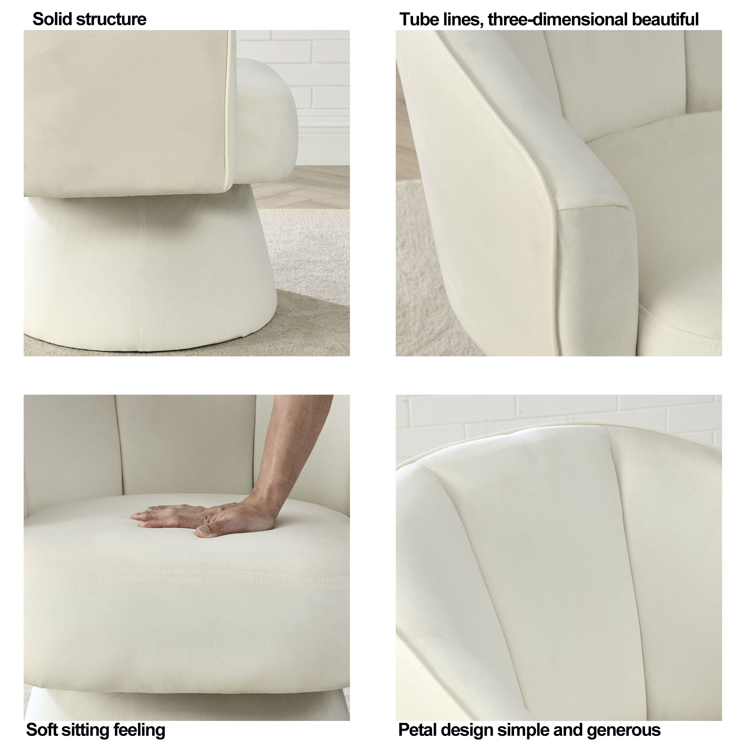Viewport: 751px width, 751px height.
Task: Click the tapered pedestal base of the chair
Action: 150,272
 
